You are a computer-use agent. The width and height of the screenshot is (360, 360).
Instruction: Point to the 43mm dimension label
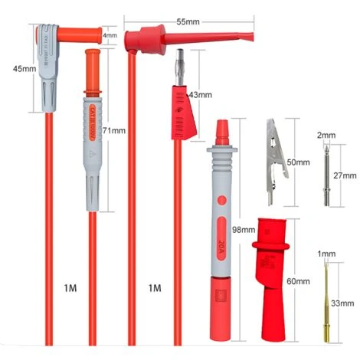tap(199, 94)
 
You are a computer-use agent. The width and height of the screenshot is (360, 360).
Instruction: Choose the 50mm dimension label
tap(299, 162)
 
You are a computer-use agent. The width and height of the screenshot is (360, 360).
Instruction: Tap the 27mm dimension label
tap(346, 175)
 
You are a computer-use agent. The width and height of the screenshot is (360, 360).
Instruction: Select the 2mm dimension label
tap(326, 135)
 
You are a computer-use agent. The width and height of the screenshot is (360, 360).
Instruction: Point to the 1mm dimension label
tap(327, 253)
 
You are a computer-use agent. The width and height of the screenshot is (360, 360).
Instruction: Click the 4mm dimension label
tap(110, 35)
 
